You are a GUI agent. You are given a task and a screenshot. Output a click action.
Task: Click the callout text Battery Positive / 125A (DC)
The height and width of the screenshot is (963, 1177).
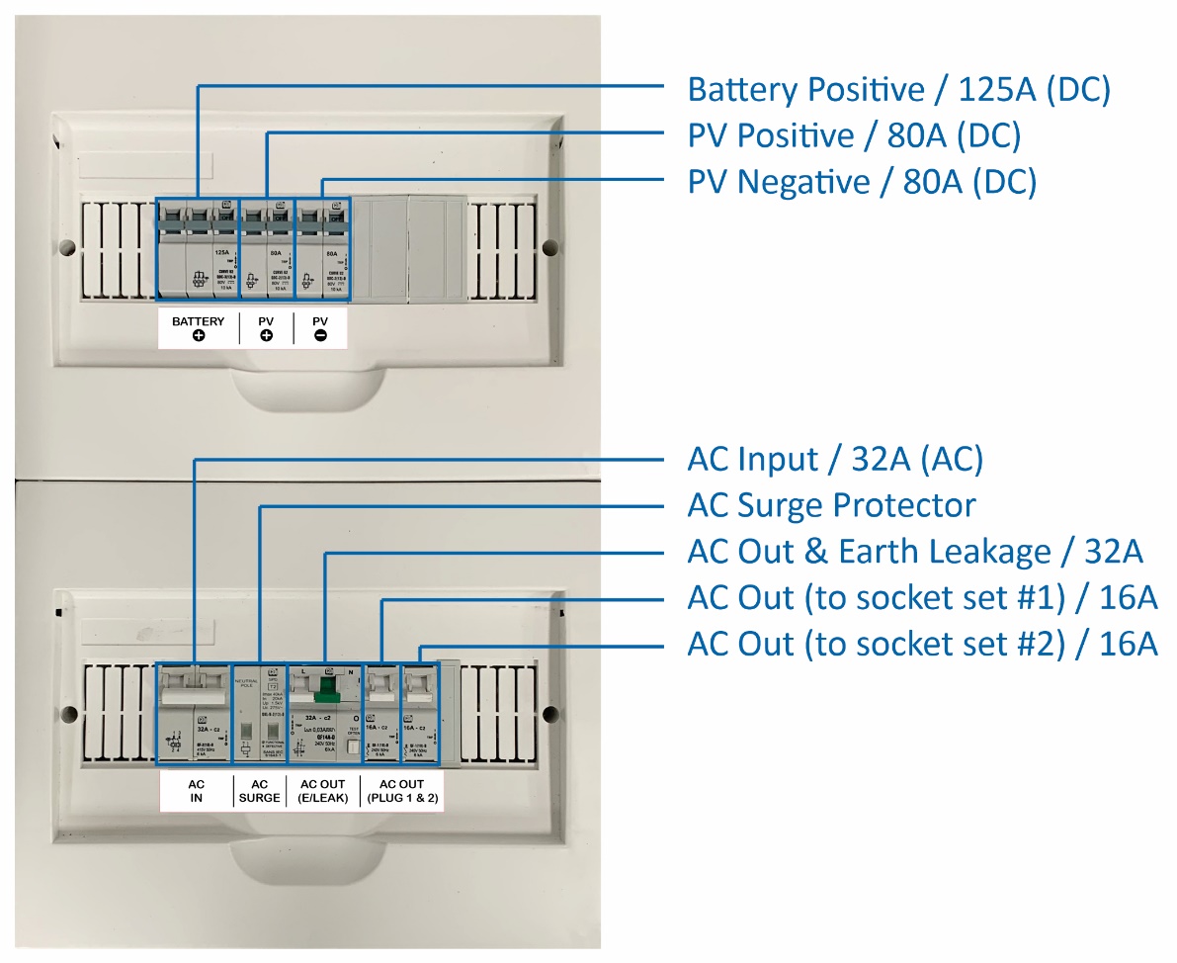tap(899, 90)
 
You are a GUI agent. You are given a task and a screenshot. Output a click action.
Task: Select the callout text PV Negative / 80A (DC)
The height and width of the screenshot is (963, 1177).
tap(862, 183)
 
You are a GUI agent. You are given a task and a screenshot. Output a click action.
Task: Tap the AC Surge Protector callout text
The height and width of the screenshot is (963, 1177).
tap(831, 506)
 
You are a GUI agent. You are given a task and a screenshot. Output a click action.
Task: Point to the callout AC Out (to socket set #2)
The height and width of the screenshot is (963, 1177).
tap(922, 645)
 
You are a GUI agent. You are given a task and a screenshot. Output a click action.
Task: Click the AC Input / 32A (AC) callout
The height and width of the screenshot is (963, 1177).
tap(835, 460)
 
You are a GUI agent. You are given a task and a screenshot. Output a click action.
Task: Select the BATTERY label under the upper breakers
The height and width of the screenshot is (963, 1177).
tap(199, 321)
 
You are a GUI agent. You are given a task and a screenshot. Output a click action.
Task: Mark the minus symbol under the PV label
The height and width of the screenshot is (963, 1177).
tap(320, 337)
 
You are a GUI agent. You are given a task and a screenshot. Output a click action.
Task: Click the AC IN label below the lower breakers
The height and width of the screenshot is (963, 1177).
tap(196, 791)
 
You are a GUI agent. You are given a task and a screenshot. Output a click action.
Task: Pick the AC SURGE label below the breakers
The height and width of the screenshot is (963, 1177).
tap(259, 791)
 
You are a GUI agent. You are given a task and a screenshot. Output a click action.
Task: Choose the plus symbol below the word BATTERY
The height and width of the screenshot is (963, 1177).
tap(199, 337)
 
